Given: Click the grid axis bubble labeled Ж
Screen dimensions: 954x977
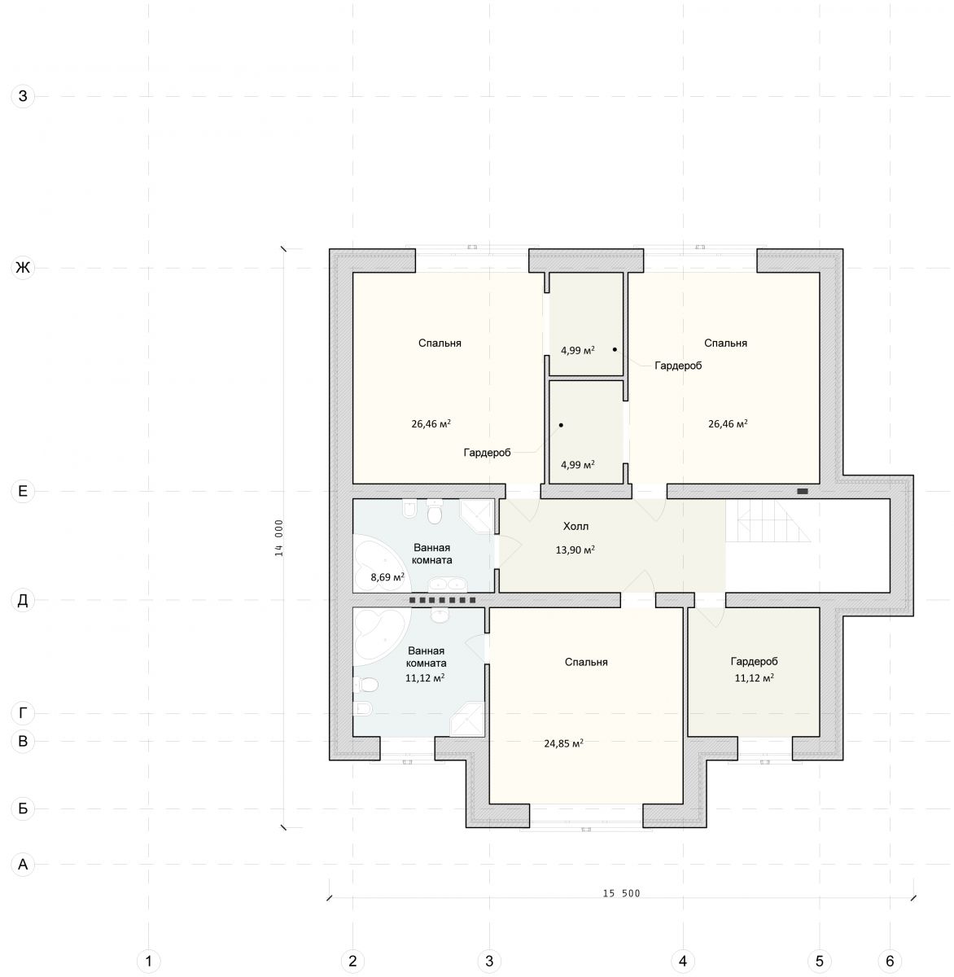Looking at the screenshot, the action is [x=23, y=268].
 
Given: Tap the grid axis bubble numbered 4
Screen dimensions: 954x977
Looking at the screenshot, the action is [x=682, y=961].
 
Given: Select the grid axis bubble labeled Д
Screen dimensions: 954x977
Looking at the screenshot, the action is [x=23, y=600].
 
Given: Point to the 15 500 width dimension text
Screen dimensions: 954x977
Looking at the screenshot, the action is [x=621, y=893].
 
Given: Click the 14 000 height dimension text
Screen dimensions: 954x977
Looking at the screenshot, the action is [x=279, y=537].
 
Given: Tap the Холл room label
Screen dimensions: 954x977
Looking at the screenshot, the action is [x=575, y=526].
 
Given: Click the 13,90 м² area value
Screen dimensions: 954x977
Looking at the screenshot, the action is [x=575, y=550].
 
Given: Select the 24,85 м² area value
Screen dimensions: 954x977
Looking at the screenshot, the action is [x=563, y=743].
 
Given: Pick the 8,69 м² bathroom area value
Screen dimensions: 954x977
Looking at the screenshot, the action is [x=387, y=577].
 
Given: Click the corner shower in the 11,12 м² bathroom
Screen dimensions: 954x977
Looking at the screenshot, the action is [x=467, y=719].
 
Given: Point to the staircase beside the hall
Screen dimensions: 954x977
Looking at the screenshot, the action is [x=768, y=520].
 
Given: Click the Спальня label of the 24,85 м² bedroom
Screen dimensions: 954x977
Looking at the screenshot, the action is [x=586, y=662].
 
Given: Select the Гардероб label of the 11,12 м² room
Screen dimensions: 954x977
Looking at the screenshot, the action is [x=754, y=662].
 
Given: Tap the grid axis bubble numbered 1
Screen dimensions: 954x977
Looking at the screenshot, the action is [x=148, y=961].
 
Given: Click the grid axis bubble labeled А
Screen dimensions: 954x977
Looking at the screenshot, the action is [x=23, y=864].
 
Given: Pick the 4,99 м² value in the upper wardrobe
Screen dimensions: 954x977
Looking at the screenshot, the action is [x=578, y=350].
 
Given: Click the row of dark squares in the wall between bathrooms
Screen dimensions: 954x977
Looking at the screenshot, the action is [x=443, y=600].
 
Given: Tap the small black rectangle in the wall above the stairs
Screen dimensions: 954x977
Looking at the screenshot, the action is [x=803, y=491].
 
